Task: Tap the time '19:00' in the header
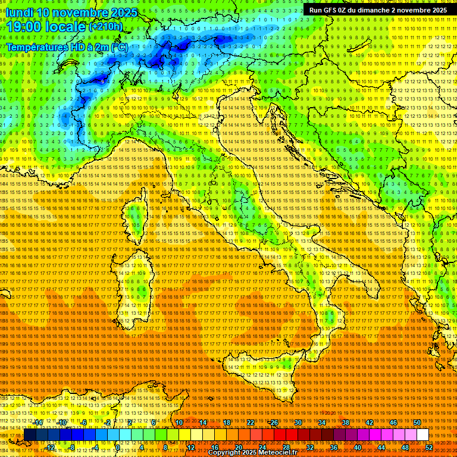[x=25, y=27]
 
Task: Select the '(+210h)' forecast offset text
[x=106, y=26]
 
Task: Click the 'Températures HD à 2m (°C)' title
[x=67, y=46]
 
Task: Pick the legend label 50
[x=417, y=422]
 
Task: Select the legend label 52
[x=428, y=447]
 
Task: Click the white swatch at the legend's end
[x=422, y=435]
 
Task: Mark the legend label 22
[x=251, y=422]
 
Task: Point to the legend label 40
[x=357, y=447]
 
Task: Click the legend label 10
[x=179, y=422]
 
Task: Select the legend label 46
[x=393, y=422]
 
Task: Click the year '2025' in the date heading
[x=124, y=12]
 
